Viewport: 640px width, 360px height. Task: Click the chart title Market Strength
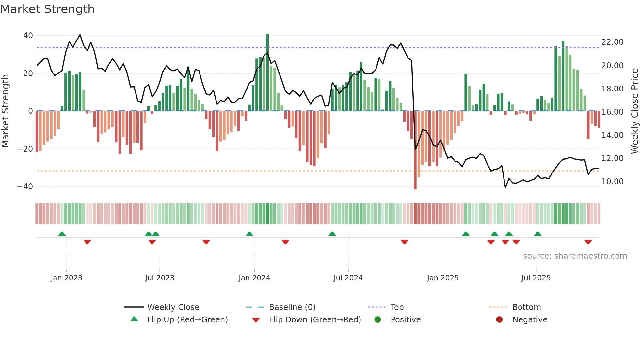[x=48, y=9]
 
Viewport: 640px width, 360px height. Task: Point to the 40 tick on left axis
[x=28, y=36]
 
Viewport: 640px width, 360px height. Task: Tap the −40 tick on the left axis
[x=25, y=187]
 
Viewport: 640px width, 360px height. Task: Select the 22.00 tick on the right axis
[x=612, y=42]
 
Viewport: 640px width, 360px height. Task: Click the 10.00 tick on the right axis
[x=612, y=182]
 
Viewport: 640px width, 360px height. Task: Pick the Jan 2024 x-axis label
[x=254, y=278]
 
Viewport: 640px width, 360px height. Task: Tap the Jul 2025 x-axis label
[x=536, y=278]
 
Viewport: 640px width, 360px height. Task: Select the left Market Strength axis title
[x=5, y=111]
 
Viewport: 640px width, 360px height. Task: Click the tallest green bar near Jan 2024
[x=267, y=72]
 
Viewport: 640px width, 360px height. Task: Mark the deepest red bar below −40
[x=415, y=150]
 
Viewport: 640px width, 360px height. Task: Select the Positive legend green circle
[x=378, y=320]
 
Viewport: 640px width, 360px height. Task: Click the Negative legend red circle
[x=499, y=320]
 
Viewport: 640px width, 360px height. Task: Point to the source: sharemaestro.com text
[x=575, y=256]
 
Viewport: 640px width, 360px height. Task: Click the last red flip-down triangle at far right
[x=588, y=242]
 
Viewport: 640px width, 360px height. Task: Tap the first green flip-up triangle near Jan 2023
[x=62, y=234]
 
